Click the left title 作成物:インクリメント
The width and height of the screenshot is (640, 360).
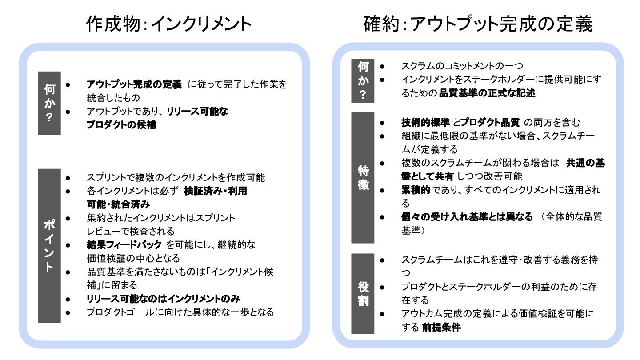[x=169, y=24]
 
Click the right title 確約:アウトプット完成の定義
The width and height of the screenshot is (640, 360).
[x=478, y=24]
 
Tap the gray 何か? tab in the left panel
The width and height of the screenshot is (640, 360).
[x=49, y=103]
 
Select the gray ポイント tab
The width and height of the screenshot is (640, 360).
[x=49, y=245]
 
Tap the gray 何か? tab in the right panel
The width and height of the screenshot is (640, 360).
[x=363, y=80]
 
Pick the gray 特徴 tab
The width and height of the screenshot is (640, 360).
[x=363, y=177]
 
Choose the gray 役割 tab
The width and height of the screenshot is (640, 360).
[x=363, y=294]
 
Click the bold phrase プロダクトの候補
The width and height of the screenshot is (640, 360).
[x=121, y=125]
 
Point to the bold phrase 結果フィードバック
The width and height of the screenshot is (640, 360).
[x=124, y=244]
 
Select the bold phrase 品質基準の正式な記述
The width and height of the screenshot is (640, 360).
[x=487, y=93]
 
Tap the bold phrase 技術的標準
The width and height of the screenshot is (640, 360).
[x=425, y=122]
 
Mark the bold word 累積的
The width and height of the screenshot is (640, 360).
[x=416, y=190]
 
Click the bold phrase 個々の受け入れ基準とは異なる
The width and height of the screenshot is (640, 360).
[x=467, y=217]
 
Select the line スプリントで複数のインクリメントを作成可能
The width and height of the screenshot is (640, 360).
[x=176, y=178]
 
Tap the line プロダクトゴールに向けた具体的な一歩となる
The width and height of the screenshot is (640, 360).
[x=180, y=312]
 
